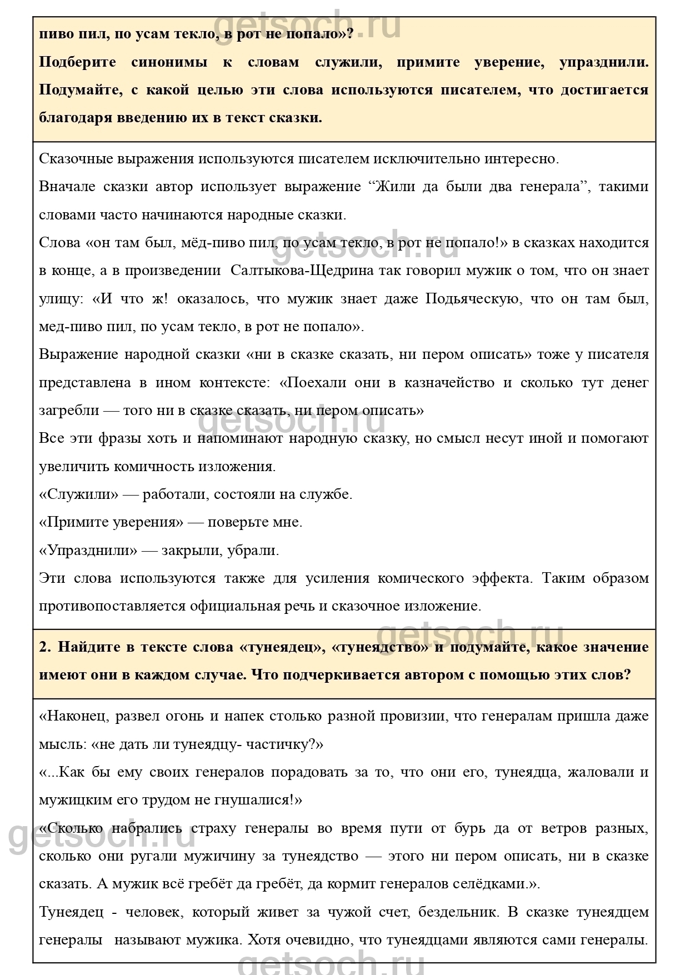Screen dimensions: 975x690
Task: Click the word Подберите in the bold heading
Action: [77, 62]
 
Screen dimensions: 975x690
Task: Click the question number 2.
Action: [45, 647]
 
